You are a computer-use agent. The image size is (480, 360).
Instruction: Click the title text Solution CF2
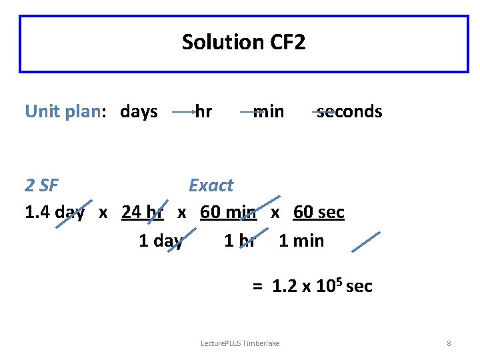pos(243,43)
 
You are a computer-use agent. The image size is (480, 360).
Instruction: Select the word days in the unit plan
pos(139,111)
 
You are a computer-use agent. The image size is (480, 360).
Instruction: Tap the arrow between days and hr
pos(183,114)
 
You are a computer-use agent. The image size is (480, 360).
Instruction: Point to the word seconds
pos(349,111)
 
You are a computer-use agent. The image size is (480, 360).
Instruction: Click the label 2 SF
pos(41,185)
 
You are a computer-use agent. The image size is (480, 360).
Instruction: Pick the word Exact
pos(211,185)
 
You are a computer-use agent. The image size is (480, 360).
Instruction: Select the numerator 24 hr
pos(143,213)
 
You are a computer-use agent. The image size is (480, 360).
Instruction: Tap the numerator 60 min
pos(228,213)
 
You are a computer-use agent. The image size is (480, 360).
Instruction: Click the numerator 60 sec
pos(319,213)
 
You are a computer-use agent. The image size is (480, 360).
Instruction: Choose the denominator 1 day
pos(161,240)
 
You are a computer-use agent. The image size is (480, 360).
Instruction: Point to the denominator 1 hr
pos(239,240)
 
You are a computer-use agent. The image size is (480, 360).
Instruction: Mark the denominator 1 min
pos(301,240)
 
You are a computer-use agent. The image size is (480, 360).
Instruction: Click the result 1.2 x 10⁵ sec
pos(322,287)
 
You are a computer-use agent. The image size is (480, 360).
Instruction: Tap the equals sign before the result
pos(257,287)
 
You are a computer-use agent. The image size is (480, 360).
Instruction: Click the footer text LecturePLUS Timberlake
pos(240,343)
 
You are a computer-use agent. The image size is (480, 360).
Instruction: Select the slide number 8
pos(449,343)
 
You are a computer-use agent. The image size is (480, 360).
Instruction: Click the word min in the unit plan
pos(269,111)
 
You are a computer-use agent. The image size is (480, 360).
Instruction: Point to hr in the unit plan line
pos(203,111)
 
